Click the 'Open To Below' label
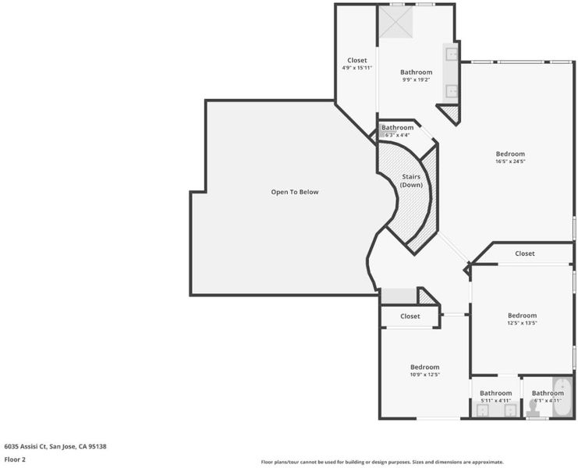coord(295,192)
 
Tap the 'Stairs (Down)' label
coord(411,180)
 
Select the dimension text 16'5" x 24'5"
coord(510,161)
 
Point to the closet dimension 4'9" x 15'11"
coord(356,68)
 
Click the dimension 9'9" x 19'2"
coord(417,80)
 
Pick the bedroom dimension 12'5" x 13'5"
coord(522,323)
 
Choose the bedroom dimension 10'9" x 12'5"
coord(424,374)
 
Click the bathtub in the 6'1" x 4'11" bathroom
coord(563,398)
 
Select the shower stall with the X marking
coord(396,22)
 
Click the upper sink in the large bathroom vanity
coord(452,54)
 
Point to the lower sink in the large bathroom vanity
coord(452,91)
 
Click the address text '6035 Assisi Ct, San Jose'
coord(40,447)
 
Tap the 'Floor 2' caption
coord(15,459)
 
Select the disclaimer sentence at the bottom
coord(382,462)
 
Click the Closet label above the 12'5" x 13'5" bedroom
coord(524,253)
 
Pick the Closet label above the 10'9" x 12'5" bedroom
coord(410,316)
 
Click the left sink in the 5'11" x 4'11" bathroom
coord(482,410)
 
